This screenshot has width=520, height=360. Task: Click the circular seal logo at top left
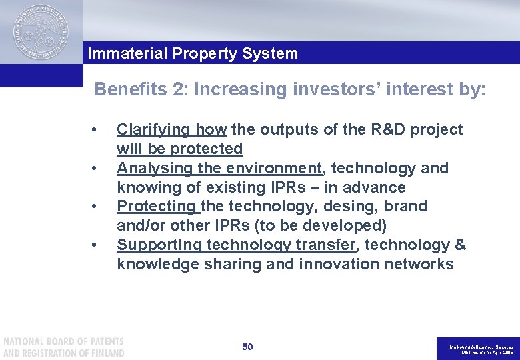41,33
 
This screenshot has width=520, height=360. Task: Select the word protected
207,149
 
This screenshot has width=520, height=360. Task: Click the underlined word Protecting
156,207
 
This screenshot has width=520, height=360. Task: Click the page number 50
247,347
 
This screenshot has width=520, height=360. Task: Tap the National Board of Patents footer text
63,347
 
